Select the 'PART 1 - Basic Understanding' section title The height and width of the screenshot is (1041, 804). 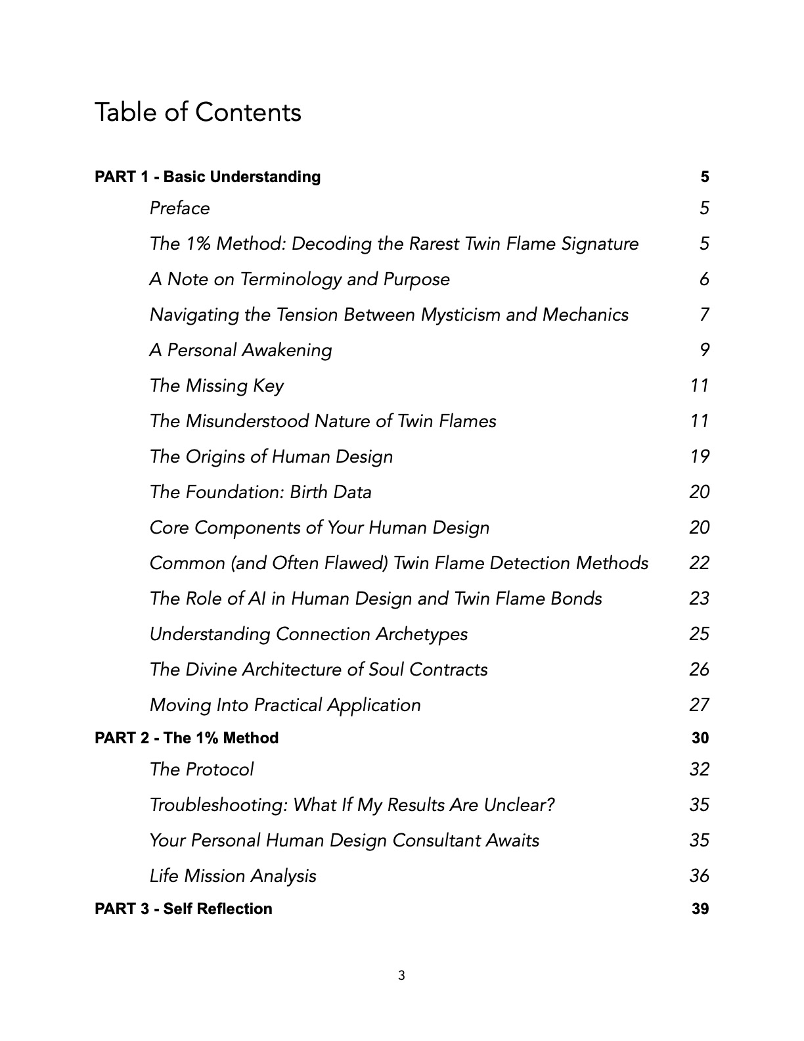(x=208, y=177)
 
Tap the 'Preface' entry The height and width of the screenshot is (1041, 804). (x=179, y=208)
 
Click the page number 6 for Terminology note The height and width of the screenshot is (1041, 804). (x=704, y=279)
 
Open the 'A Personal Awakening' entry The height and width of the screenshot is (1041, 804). (x=240, y=350)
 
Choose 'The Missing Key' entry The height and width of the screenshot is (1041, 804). (x=216, y=386)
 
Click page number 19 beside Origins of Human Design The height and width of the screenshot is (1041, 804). (x=700, y=457)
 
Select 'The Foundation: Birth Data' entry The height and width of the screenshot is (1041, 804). (x=260, y=492)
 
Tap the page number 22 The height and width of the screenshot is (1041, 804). (x=699, y=563)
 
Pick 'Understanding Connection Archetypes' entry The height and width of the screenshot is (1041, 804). (x=308, y=634)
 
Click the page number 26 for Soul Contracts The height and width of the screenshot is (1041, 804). (x=699, y=670)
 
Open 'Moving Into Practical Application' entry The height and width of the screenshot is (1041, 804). (x=284, y=705)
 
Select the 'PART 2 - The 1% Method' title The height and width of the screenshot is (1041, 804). (x=187, y=738)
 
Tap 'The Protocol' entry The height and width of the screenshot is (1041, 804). (x=201, y=770)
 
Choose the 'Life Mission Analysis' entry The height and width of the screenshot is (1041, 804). (x=233, y=876)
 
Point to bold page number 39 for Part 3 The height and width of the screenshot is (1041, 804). (x=700, y=909)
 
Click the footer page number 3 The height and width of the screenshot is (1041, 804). (x=401, y=976)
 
